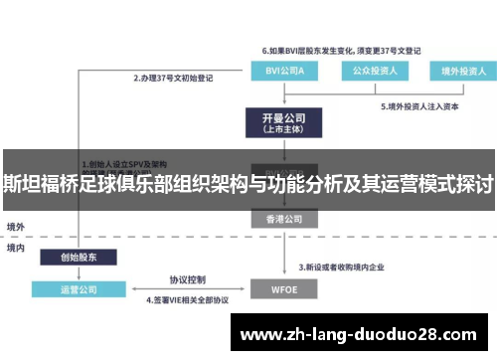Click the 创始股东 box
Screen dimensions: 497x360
click(x=77, y=257)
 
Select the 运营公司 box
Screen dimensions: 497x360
click(x=77, y=289)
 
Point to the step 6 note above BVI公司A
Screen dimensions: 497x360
click(x=341, y=50)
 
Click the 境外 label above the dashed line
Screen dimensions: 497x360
click(x=16, y=228)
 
